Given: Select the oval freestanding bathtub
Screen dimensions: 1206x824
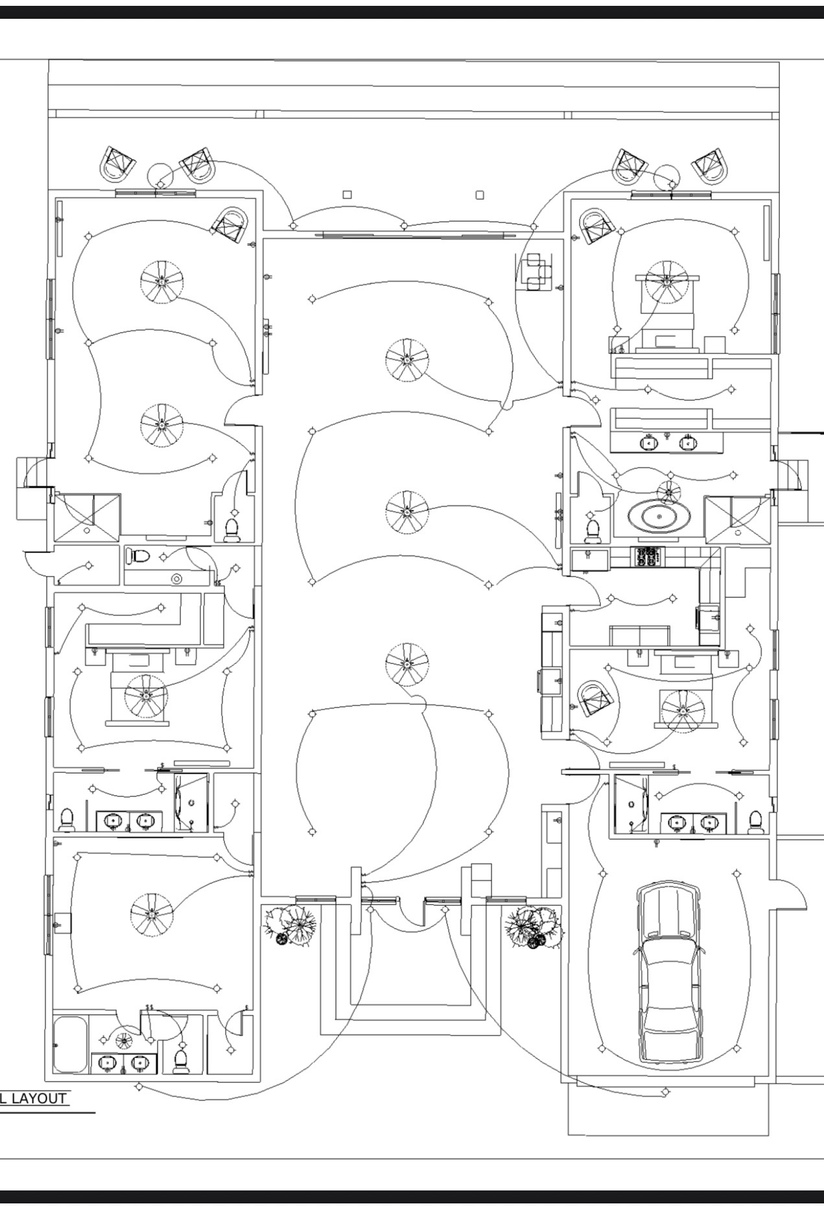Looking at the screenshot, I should click(658, 517).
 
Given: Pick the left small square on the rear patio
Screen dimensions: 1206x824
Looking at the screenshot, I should click(347, 194).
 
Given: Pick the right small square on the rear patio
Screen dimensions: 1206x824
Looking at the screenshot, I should click(480, 194).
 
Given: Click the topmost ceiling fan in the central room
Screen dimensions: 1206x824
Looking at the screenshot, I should click(406, 359).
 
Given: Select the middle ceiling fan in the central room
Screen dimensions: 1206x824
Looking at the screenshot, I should click(406, 512).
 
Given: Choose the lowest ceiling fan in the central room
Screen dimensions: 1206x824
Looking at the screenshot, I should click(406, 664).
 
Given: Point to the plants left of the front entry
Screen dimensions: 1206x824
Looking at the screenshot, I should click(290, 924).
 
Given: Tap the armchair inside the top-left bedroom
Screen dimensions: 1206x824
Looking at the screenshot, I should click(231, 224).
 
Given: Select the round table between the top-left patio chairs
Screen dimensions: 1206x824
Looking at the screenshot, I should click(160, 174).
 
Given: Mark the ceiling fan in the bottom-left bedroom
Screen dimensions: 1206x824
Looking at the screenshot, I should click(152, 914).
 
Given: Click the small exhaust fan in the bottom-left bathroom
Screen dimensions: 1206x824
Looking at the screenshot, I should click(123, 1041).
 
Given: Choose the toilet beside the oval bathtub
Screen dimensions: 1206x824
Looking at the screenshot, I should click(591, 528).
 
